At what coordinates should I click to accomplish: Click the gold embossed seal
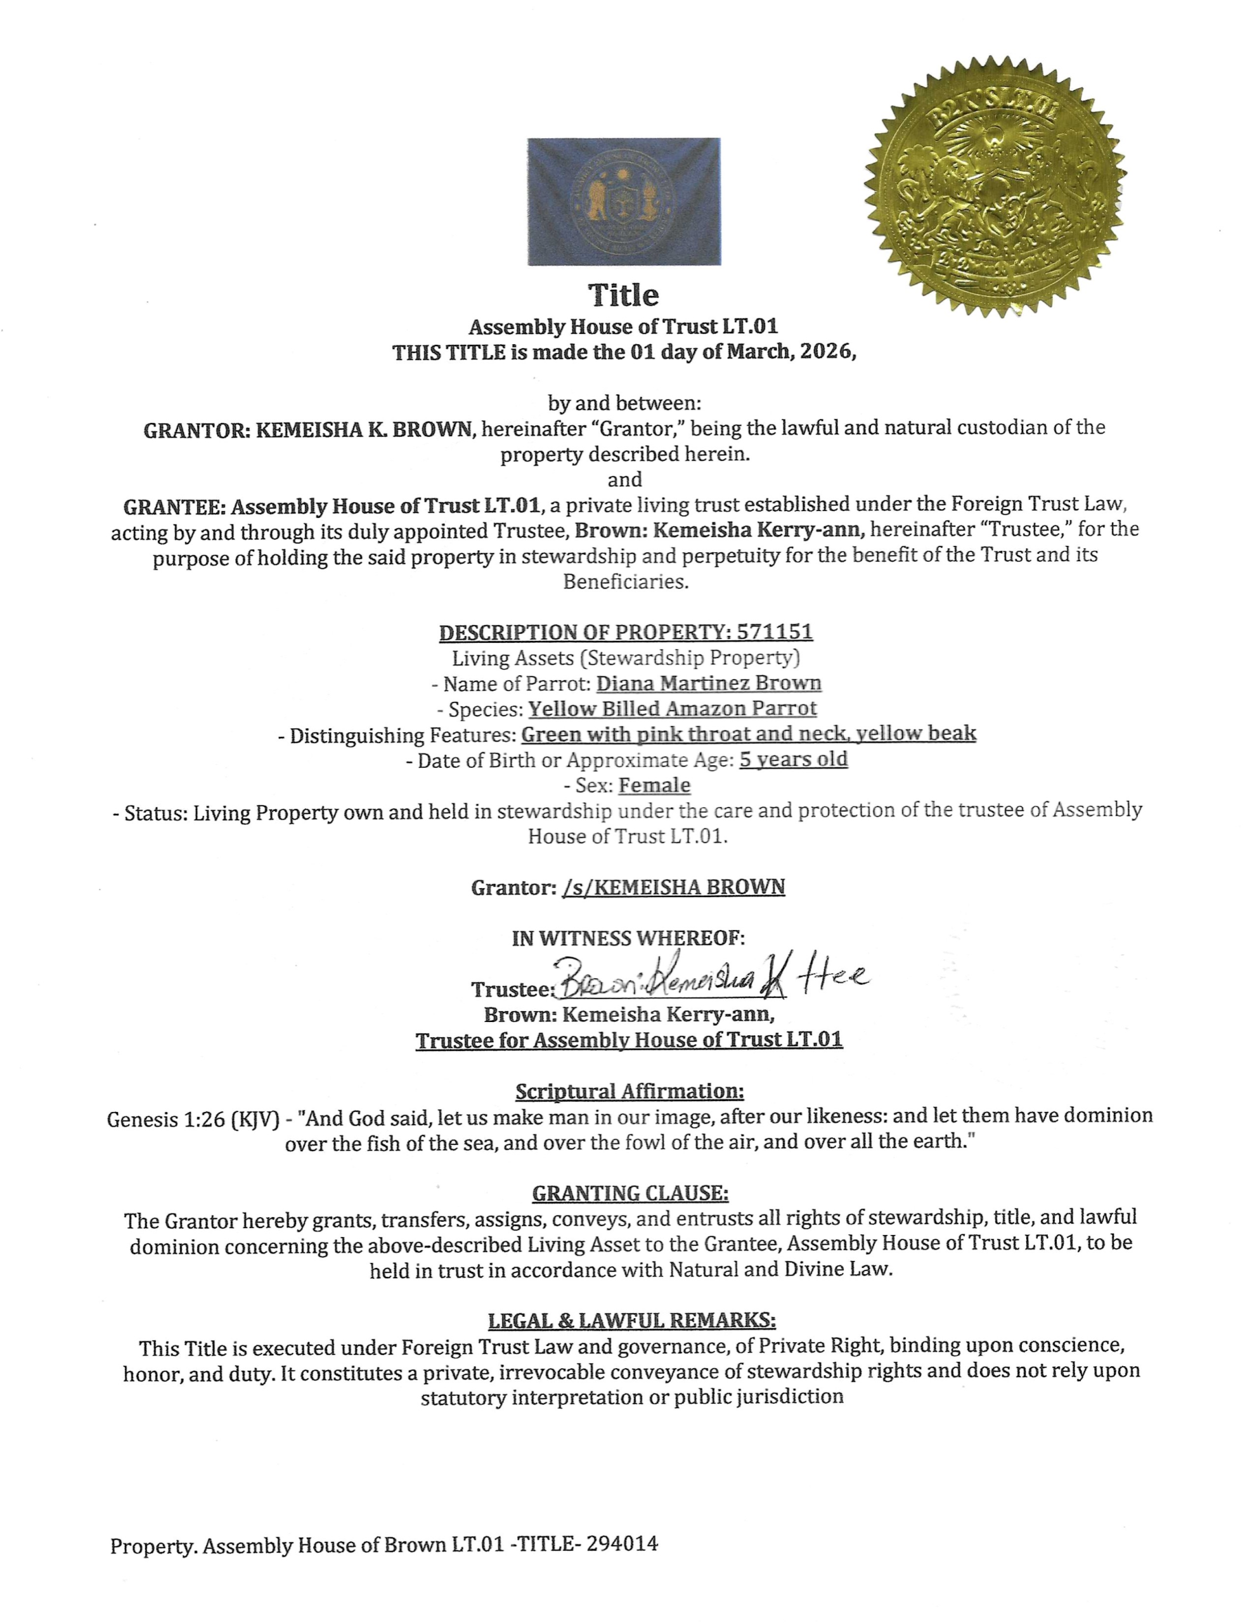994,185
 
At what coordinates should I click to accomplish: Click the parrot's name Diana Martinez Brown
708,683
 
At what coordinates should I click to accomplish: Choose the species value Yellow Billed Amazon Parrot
673,708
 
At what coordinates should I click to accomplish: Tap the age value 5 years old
794,759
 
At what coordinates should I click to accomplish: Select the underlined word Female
655,785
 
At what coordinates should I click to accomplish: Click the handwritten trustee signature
709,980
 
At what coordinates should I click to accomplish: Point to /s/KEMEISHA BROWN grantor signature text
673,888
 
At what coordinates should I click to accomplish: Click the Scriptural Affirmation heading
629,1091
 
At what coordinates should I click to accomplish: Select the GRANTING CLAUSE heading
630,1193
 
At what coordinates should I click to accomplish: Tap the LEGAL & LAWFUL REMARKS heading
631,1320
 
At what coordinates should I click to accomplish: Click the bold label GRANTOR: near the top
196,430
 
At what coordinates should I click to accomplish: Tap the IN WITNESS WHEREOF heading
628,938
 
